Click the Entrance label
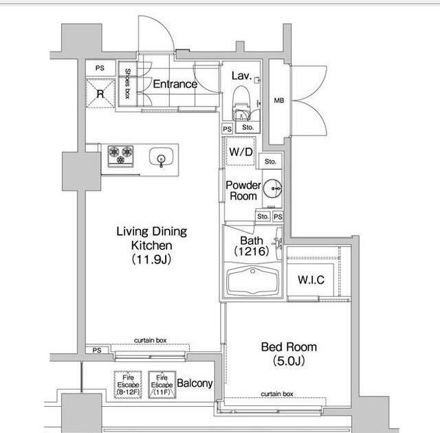click(x=175, y=84)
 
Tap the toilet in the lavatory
click(x=241, y=102)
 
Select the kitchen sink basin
click(x=161, y=157)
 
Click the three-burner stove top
click(x=121, y=155)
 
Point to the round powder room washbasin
click(x=272, y=189)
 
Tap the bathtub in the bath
click(x=253, y=280)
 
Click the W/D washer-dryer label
click(x=241, y=152)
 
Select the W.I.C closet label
click(x=311, y=280)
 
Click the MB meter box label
click(x=279, y=100)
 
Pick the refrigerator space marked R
click(x=100, y=93)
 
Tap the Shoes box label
click(x=128, y=84)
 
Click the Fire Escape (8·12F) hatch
click(x=128, y=384)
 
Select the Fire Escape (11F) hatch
click(x=162, y=384)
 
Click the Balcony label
click(x=195, y=383)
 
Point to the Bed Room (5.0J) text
click(x=289, y=354)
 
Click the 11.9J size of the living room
click(x=151, y=259)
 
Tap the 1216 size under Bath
click(x=252, y=252)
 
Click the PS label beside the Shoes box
click(x=100, y=68)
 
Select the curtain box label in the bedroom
click(x=277, y=394)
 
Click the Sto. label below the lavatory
click(x=247, y=127)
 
